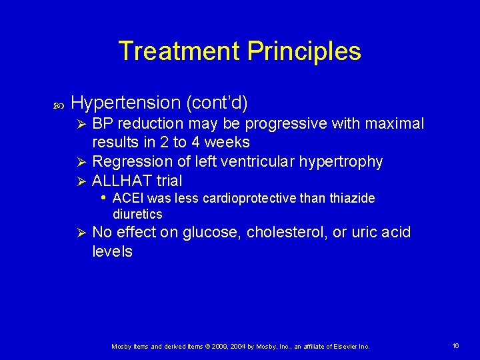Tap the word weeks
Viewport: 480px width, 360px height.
(x=227, y=142)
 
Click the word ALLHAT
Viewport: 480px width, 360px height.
(x=121, y=181)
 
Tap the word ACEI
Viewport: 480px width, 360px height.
(x=128, y=198)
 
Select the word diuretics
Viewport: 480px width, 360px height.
(x=137, y=214)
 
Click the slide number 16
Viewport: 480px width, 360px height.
(x=456, y=346)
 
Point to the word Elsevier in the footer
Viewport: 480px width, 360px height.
(x=342, y=347)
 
